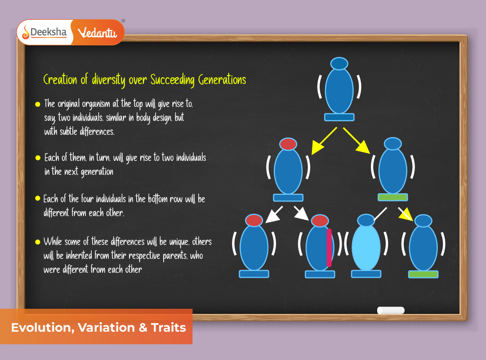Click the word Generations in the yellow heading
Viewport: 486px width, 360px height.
tap(222, 80)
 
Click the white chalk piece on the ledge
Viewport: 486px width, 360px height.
tap(390, 310)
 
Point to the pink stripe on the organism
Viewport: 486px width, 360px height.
tap(329, 248)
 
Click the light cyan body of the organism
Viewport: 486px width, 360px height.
tap(366, 247)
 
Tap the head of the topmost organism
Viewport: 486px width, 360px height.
tap(339, 63)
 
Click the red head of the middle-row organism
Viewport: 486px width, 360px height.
tap(288, 144)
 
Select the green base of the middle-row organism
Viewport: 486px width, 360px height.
tap(392, 197)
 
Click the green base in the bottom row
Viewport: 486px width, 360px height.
tap(423, 274)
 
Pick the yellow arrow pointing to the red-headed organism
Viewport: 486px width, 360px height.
tap(324, 141)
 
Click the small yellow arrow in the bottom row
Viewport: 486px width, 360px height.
tap(406, 214)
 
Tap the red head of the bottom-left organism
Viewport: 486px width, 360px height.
tap(254, 220)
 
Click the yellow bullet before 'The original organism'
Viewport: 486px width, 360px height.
tap(38, 104)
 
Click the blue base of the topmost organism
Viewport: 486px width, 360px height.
tap(339, 117)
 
